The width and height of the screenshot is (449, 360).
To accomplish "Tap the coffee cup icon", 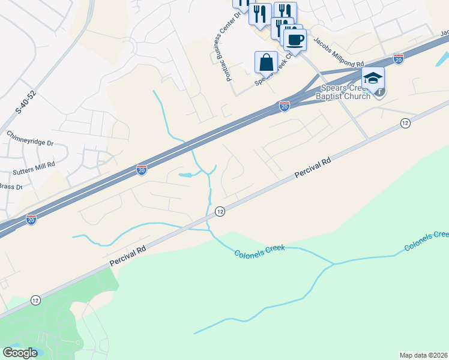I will click(x=294, y=40).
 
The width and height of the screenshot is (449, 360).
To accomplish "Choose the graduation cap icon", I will click(x=372, y=78).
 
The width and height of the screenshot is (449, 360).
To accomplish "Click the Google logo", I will click(x=20, y=353).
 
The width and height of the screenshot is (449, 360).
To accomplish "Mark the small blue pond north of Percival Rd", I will click(x=186, y=175).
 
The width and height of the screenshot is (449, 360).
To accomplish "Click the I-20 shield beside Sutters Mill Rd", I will click(x=142, y=170).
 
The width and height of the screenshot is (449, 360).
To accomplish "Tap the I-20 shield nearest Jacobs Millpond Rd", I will click(x=398, y=58).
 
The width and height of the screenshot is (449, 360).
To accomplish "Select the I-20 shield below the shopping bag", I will click(x=285, y=106).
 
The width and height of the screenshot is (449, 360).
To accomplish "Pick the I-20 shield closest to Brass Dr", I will click(x=31, y=220).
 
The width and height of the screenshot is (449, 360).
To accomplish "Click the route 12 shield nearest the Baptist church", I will click(x=405, y=123).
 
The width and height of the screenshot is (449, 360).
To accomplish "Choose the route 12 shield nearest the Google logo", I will click(x=36, y=300).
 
